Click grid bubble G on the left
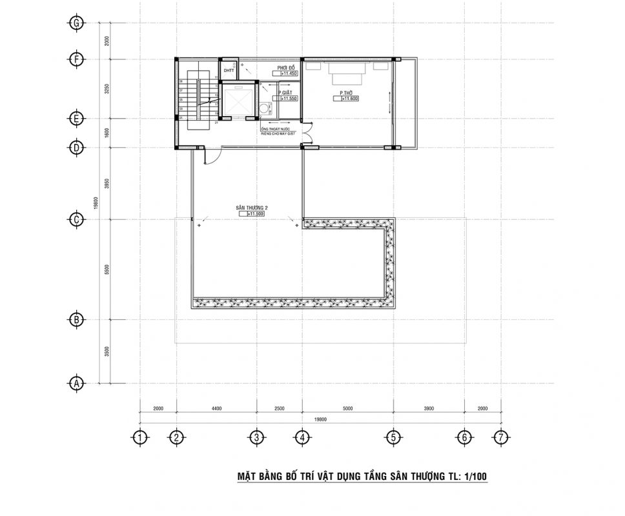click(77, 23)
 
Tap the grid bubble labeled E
click(77, 119)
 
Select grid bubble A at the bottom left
click(77, 382)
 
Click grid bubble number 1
click(140, 438)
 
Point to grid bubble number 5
click(393, 438)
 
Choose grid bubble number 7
click(500, 438)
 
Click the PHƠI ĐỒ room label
click(287, 68)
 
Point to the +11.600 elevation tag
click(349, 99)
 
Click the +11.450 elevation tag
click(287, 74)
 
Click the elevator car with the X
click(238, 101)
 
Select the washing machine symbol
click(263, 108)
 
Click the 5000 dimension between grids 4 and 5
click(347, 408)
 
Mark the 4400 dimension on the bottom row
click(216, 408)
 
